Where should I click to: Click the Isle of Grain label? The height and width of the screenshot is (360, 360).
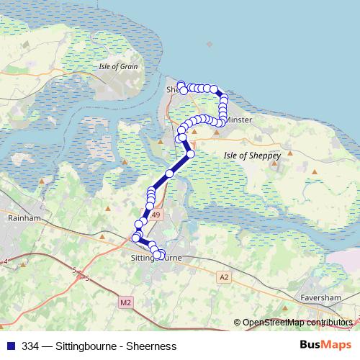pyautogui.click(x=118, y=67)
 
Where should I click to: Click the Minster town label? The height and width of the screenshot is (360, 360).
pyautogui.click(x=239, y=120)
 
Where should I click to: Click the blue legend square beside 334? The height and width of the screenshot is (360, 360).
pyautogui.click(x=10, y=346)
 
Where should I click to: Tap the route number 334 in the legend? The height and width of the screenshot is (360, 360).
pyautogui.click(x=30, y=346)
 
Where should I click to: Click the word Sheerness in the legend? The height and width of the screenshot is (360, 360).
pyautogui.click(x=151, y=346)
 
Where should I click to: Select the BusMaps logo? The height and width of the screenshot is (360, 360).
pyautogui.click(x=326, y=346)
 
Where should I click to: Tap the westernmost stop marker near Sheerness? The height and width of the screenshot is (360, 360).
pyautogui.click(x=181, y=84)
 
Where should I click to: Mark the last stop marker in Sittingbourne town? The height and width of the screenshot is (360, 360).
pyautogui.click(x=158, y=255)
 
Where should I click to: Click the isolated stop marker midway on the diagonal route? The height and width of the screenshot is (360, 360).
pyautogui.click(x=169, y=174)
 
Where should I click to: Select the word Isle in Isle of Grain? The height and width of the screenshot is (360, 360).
pyautogui.click(x=106, y=67)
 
